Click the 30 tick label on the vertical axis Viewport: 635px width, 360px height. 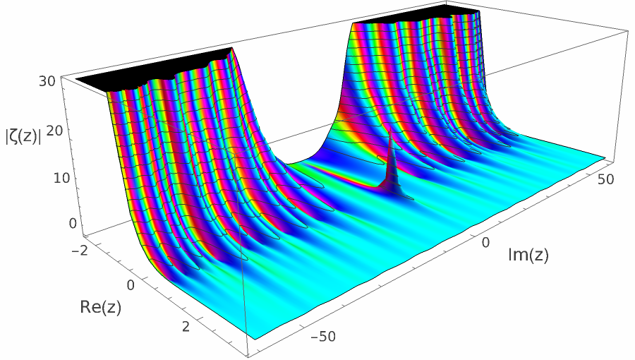tap(47, 80)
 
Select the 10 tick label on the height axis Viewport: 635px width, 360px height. tap(46, 176)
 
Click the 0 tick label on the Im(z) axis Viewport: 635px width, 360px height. tap(485, 242)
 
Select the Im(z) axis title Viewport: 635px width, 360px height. tap(528, 256)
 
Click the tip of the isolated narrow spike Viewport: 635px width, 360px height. tap(389, 132)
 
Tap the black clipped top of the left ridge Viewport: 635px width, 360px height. tap(155, 71)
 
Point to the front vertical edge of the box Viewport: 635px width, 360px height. tap(247, 282)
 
